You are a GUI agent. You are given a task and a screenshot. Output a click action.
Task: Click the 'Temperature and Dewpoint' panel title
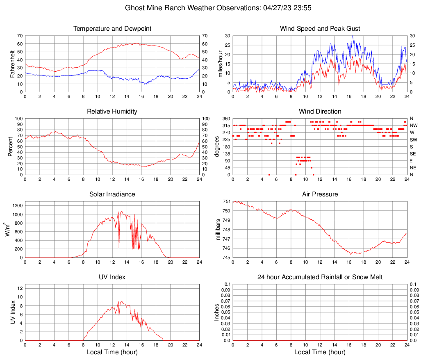112,29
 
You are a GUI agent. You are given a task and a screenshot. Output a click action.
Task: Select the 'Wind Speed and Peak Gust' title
320,29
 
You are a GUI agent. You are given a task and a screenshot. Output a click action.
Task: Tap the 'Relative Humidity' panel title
112,112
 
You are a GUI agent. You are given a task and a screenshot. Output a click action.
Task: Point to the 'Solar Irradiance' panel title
112,194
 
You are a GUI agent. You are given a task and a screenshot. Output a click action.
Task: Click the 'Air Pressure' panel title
320,194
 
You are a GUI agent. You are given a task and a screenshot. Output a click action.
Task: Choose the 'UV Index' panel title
112,277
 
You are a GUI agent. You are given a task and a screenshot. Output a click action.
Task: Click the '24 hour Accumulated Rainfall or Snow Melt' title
320,277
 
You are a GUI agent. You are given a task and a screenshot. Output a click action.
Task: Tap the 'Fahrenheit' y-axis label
11,64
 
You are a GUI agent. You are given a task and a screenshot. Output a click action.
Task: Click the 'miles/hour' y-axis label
220,64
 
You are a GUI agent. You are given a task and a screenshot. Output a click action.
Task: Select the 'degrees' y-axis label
217,146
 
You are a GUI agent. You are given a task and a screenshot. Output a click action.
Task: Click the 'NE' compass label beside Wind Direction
413,168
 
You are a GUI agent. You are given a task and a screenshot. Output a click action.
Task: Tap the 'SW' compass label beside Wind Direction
413,139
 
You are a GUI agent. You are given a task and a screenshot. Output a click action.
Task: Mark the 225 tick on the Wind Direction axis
226,139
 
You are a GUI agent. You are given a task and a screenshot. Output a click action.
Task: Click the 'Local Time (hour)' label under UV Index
112,352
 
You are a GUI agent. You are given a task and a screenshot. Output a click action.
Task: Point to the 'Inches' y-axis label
217,312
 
